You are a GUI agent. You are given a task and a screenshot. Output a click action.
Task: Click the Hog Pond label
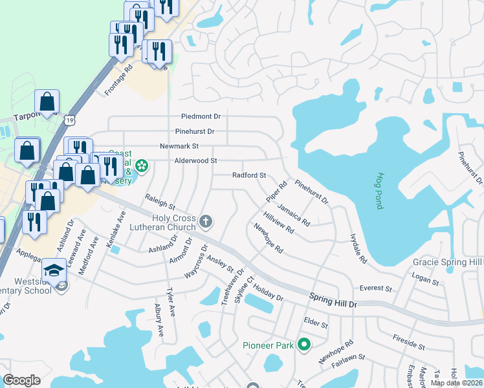click(379, 190)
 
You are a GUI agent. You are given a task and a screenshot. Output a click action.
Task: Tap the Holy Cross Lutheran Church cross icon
click(206, 222)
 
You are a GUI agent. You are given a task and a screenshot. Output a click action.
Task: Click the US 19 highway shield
click(71, 119)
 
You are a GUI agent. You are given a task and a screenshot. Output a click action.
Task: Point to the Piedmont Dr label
click(201, 116)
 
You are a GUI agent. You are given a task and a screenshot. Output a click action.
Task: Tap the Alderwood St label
click(195, 160)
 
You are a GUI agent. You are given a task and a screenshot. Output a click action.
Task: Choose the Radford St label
click(249, 175)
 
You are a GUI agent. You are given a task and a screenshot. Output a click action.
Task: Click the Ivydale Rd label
click(358, 248)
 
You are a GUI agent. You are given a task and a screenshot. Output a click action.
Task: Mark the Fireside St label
click(409, 342)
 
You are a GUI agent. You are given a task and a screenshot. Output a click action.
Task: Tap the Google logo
click(21, 380)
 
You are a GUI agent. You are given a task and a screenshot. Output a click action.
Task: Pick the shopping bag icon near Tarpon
click(47, 102)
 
